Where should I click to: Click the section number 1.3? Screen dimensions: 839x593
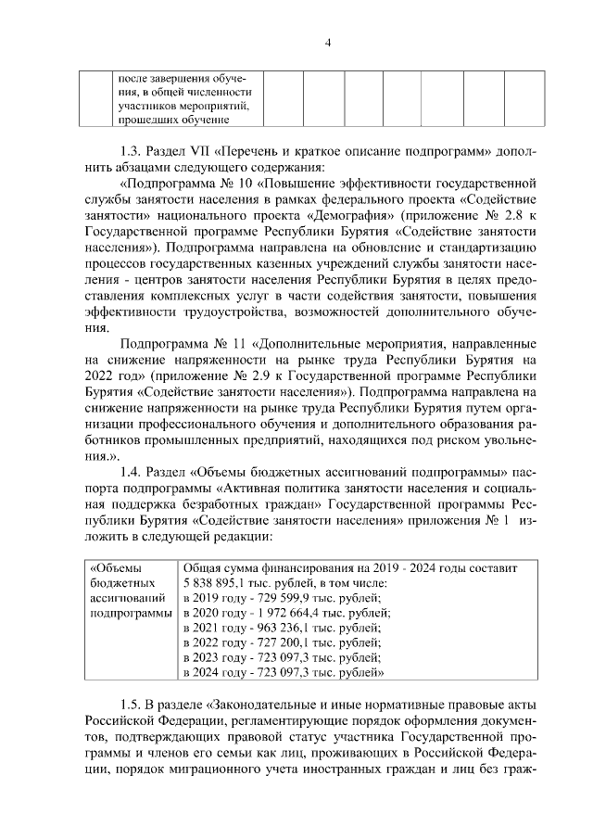pos(132,149)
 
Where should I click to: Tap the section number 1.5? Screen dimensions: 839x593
pos(132,709)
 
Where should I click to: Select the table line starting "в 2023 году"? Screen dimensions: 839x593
pos(283,657)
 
